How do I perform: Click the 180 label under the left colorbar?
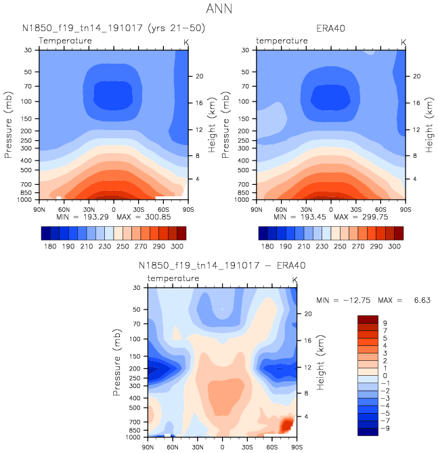click(48, 249)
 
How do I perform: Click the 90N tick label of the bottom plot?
click(148, 448)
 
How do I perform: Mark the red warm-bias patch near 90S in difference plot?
click(286, 425)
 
